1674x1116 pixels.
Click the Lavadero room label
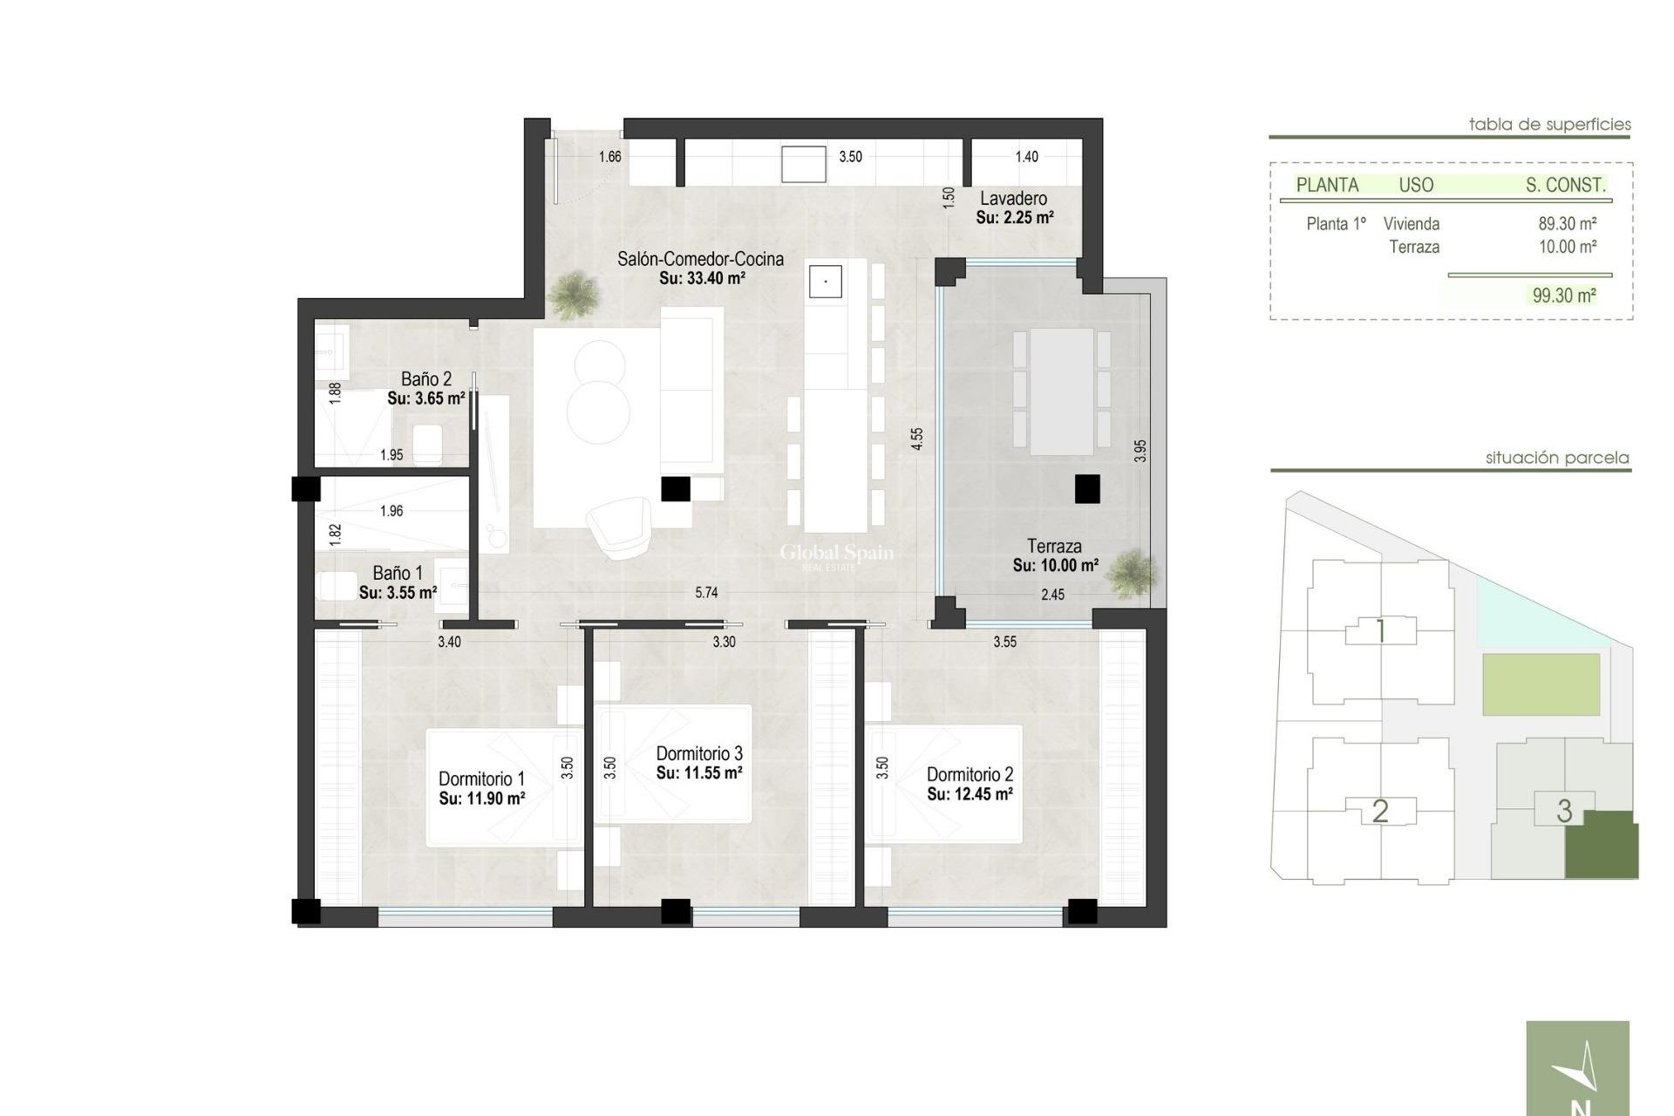[x=1013, y=199]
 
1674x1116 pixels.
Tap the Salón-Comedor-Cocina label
[x=700, y=259]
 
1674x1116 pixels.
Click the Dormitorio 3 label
[x=699, y=753]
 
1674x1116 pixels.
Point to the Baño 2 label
[x=426, y=379]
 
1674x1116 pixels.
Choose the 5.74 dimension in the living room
[x=706, y=593]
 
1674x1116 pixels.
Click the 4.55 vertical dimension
[x=916, y=439]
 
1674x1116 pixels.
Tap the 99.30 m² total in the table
[x=1564, y=296]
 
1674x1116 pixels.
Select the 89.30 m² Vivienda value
[x=1567, y=224]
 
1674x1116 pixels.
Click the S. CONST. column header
[x=1565, y=185]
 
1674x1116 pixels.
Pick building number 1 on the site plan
[x=1380, y=631]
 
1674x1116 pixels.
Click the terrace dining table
[x=1061, y=391]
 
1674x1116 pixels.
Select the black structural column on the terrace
[x=1086, y=489]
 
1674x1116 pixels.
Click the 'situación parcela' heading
[x=1556, y=458]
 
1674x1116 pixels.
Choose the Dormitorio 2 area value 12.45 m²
[x=970, y=795]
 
